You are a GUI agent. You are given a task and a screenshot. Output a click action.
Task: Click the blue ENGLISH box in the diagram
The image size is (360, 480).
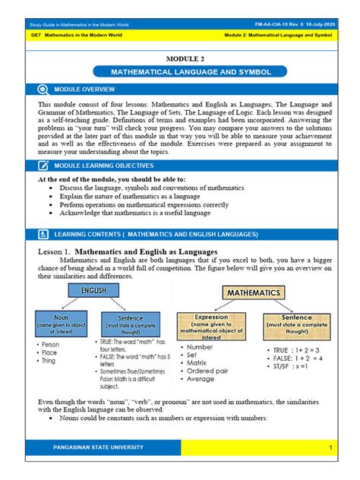(x=89, y=291)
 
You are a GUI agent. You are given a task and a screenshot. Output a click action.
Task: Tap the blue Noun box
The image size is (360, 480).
(x=61, y=322)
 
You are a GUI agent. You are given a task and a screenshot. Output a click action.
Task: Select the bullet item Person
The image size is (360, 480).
(x=51, y=344)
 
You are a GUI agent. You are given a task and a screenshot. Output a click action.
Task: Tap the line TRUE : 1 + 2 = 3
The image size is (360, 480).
(x=292, y=349)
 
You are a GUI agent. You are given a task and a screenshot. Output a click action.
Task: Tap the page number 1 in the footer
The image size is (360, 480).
(x=331, y=447)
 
